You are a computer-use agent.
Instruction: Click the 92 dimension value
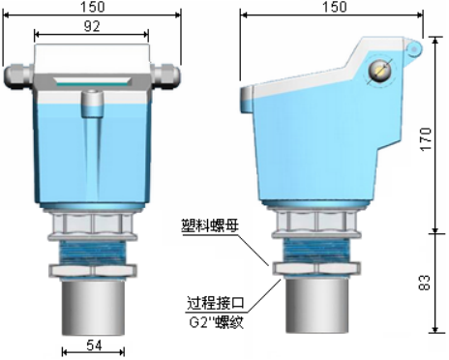point(92,26)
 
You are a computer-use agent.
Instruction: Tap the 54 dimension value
point(94,345)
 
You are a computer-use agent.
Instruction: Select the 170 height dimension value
point(426,139)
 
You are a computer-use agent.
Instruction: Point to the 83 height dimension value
point(425,283)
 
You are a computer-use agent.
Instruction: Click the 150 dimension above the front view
point(93,7)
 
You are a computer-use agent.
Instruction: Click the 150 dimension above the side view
point(335,7)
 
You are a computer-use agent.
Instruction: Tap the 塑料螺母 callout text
point(210,225)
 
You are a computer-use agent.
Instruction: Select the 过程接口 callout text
point(216,303)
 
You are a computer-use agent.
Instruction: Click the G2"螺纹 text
point(216,321)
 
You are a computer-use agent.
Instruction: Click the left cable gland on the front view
point(18,75)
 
